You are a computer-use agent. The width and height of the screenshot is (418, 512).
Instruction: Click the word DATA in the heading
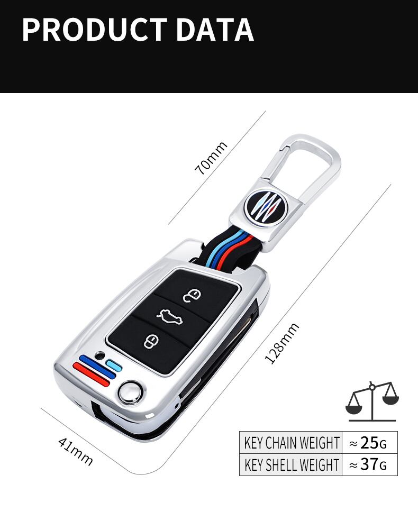coord(215,30)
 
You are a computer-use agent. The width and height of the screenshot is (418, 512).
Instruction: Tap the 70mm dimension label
coord(211,158)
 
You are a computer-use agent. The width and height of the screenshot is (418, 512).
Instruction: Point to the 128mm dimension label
coord(281,343)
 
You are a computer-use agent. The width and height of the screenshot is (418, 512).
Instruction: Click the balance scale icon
coord(372,400)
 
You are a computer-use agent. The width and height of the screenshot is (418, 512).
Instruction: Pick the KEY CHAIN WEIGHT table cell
coord(291,442)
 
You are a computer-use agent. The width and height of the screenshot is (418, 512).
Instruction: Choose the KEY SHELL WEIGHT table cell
coord(291,465)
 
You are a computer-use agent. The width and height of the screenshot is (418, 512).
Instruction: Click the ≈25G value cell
coord(370,442)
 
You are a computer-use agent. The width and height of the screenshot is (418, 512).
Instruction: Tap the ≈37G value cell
coord(370,465)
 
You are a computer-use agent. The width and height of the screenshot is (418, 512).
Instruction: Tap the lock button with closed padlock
coord(151,341)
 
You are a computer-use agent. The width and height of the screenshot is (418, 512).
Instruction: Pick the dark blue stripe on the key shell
coord(96,365)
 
